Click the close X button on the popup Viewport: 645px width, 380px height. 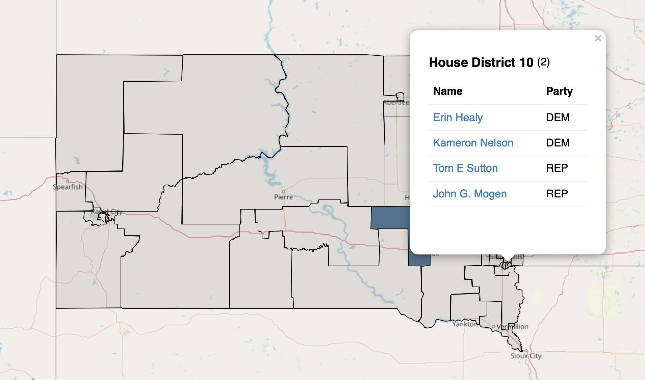[598, 38]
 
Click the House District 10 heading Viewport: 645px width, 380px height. [481, 62]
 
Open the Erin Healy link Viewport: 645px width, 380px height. [458, 117]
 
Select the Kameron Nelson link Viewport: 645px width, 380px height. [473, 143]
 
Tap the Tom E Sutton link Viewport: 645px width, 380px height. [465, 168]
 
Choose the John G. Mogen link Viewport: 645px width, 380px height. [469, 194]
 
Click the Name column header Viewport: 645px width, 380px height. [447, 91]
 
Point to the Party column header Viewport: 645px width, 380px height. [559, 91]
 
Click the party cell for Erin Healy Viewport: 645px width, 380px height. [558, 117]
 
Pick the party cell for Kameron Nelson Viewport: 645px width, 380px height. [558, 143]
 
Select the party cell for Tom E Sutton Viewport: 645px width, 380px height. [557, 168]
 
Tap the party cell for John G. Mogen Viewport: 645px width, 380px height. [557, 194]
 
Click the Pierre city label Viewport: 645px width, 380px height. [283, 197]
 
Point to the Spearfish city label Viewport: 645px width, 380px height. [68, 187]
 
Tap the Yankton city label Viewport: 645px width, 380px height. [464, 324]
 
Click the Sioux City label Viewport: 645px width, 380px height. [526, 356]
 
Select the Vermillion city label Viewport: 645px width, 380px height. [512, 327]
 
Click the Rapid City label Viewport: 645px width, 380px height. [107, 212]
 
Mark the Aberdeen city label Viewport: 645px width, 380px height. [396, 103]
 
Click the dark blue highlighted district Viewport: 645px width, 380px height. [390, 218]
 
